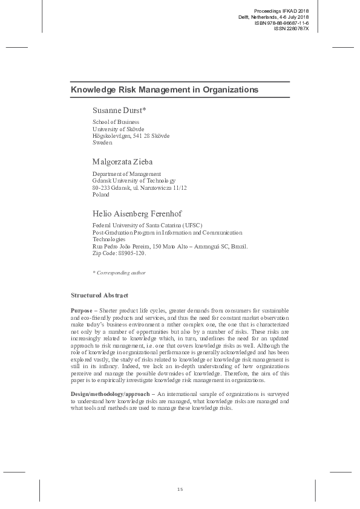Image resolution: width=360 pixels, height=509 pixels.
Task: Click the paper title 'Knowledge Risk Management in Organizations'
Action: (165, 89)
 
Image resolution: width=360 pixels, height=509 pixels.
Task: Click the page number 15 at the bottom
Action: (180, 488)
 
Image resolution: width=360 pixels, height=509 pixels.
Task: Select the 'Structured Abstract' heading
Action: (100, 295)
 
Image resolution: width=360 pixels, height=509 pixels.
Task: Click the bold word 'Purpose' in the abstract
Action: (82, 310)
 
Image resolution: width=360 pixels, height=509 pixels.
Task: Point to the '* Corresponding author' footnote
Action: (119, 273)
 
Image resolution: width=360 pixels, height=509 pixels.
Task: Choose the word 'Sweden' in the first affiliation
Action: (103, 143)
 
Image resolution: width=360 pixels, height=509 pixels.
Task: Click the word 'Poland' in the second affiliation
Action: (101, 195)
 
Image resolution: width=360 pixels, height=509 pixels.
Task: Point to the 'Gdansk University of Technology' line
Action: (134, 181)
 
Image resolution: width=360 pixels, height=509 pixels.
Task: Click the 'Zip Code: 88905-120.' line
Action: (119, 254)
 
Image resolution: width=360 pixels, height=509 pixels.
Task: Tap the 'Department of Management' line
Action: (126, 174)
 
